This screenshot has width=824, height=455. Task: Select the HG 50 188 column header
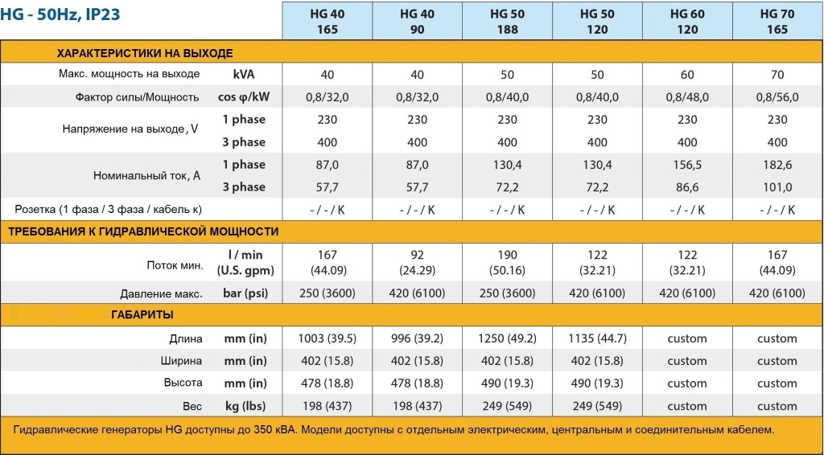point(507,22)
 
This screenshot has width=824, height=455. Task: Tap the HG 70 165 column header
point(777,22)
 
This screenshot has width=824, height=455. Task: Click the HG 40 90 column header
point(417,22)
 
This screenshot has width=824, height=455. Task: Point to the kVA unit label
point(245,74)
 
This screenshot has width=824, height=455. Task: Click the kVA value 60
point(687,75)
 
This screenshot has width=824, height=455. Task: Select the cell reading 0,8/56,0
point(777,97)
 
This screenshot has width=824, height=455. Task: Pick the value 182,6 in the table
point(777,165)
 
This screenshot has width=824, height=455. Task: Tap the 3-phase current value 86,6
point(687,187)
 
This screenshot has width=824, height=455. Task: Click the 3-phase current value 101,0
point(777,187)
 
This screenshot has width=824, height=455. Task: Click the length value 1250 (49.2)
point(507,338)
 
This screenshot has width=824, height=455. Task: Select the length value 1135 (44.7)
point(597,338)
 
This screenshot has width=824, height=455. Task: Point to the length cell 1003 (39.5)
point(327,338)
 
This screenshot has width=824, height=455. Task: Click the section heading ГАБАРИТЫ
point(142,314)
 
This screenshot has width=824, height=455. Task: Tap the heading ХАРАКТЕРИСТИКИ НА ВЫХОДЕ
point(145,53)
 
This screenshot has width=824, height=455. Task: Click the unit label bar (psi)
point(245,293)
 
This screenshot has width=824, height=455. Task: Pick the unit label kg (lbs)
point(245,406)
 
